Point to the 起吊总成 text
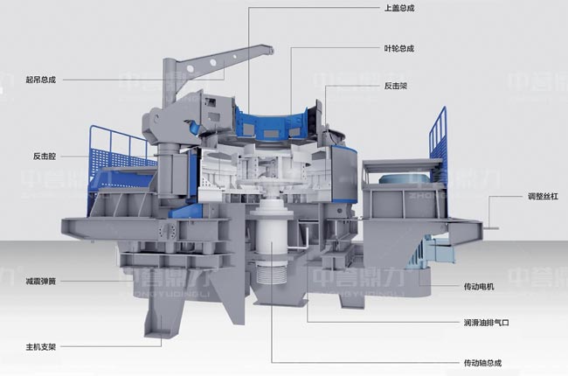(x=40, y=79)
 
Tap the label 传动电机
(x=480, y=286)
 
